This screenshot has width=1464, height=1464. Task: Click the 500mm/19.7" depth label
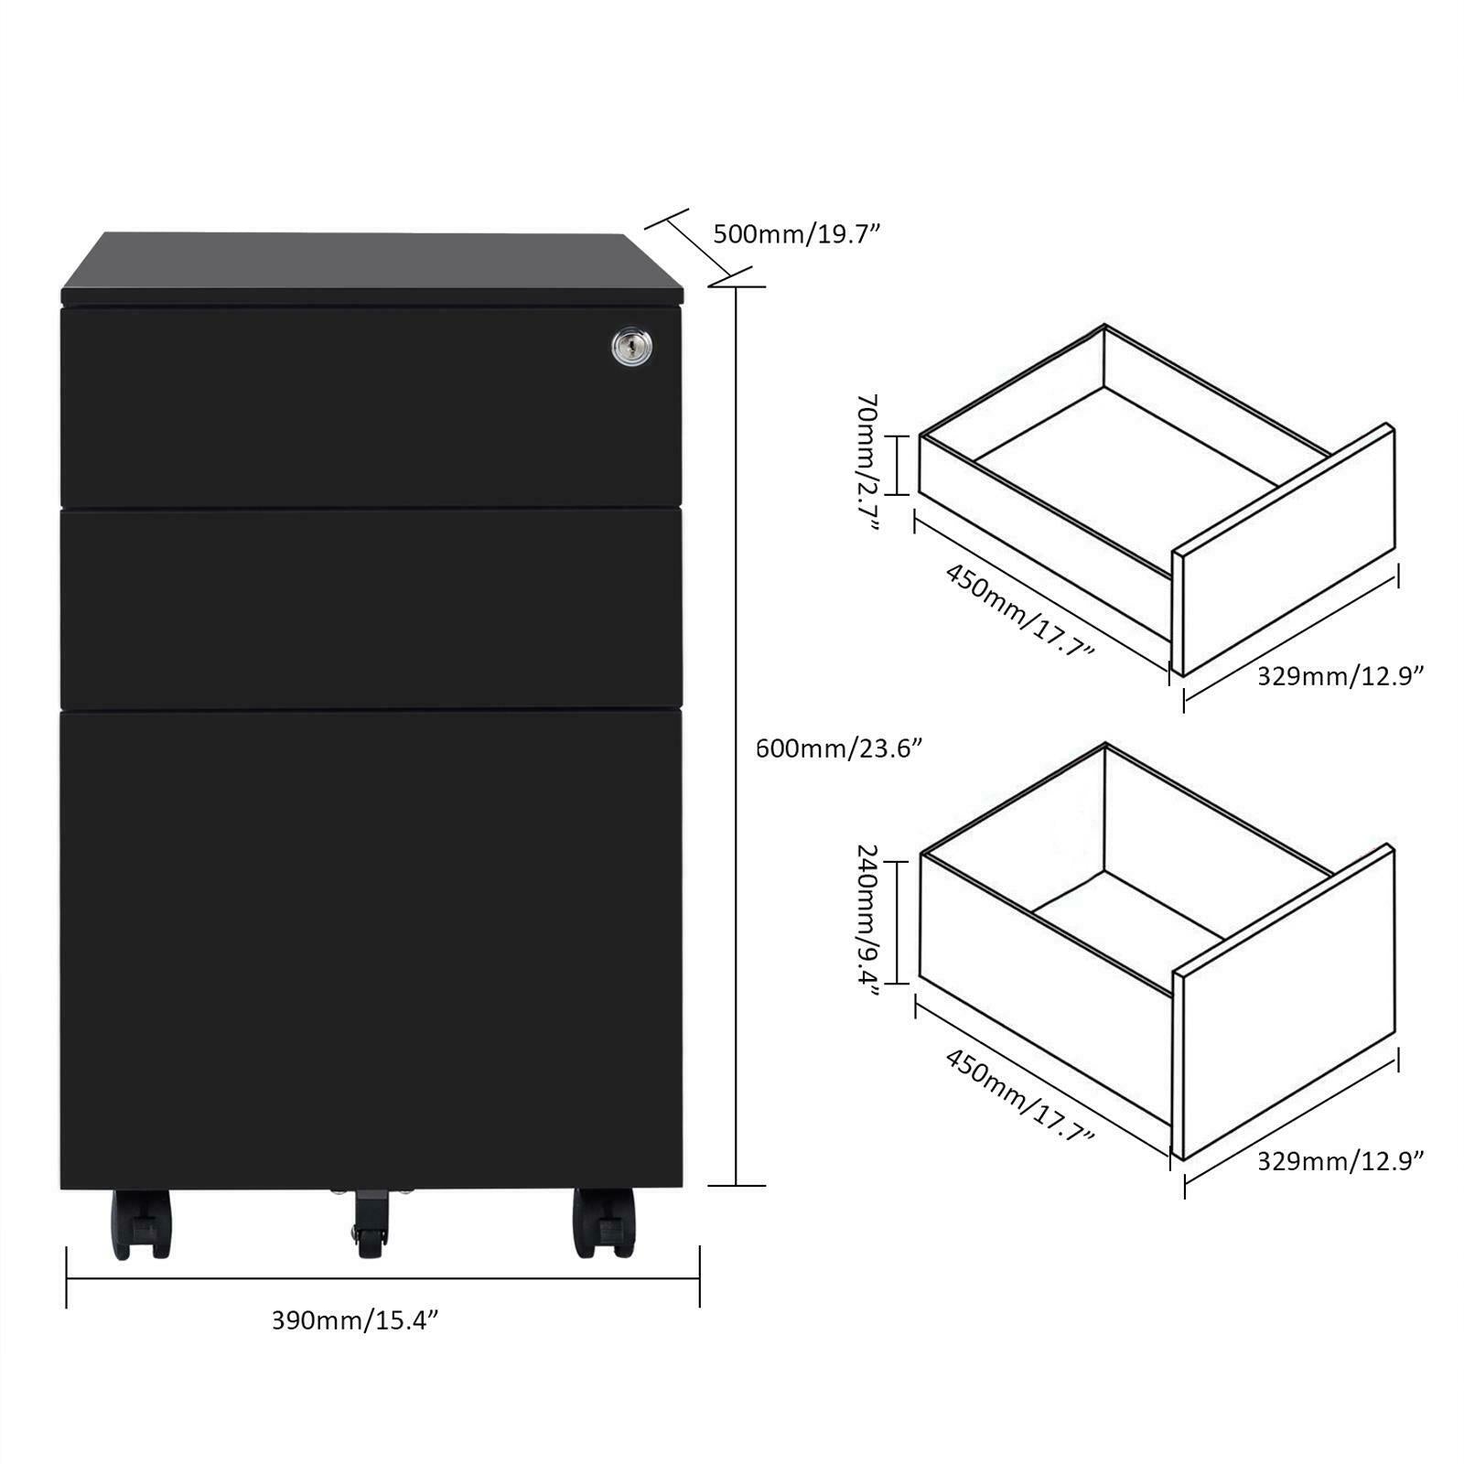(796, 234)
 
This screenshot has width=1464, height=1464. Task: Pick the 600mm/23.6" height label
(838, 748)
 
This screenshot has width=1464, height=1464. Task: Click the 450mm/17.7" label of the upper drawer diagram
(1019, 610)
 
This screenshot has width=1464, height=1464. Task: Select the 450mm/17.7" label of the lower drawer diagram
(1019, 1096)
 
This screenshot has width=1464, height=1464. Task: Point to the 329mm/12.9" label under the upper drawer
(1340, 676)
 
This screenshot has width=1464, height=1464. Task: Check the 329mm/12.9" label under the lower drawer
(1340, 1161)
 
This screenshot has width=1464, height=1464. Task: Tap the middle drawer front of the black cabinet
(371, 608)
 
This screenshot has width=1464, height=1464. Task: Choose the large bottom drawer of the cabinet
(371, 947)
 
